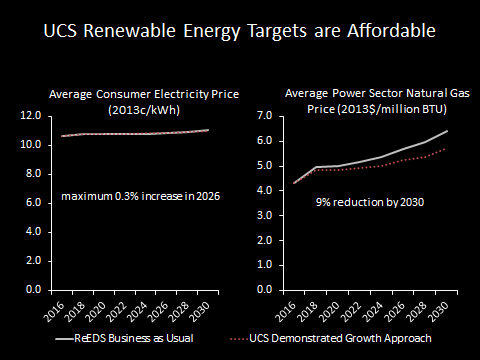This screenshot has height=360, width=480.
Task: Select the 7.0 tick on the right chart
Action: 265,116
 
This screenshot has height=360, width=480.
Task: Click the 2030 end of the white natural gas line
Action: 446,131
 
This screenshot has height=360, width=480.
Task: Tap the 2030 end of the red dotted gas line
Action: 446,148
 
